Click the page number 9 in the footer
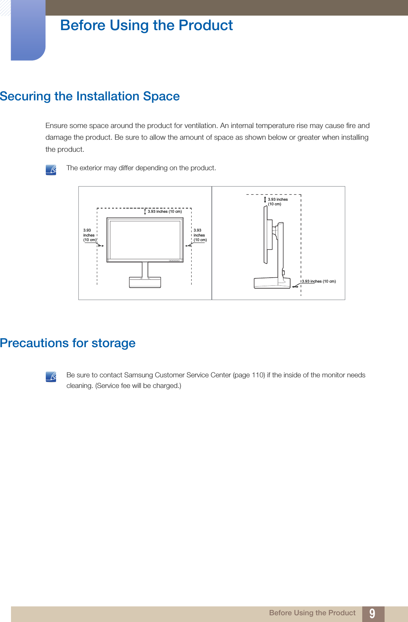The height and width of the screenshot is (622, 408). (x=372, y=613)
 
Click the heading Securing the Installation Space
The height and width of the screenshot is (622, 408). (x=90, y=96)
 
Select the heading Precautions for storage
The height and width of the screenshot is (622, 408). (x=68, y=343)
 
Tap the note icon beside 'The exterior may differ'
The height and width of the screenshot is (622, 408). (x=51, y=170)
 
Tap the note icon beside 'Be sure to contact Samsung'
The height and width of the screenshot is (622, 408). (x=51, y=377)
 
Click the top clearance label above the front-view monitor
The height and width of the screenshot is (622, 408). (x=165, y=212)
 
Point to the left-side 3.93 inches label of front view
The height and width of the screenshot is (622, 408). (x=89, y=235)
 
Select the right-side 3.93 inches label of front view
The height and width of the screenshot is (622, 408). (x=200, y=235)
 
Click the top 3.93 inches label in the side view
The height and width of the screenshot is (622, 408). (x=277, y=202)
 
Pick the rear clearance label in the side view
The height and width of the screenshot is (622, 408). (x=319, y=282)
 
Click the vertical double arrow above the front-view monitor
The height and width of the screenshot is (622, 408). (x=145, y=212)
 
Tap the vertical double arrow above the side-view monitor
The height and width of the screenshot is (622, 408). (x=265, y=200)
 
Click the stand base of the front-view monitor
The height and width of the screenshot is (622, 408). (x=145, y=282)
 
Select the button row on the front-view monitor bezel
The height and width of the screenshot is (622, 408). (x=174, y=261)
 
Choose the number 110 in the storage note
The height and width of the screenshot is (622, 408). (x=258, y=375)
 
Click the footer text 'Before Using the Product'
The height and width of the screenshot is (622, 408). (x=312, y=613)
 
